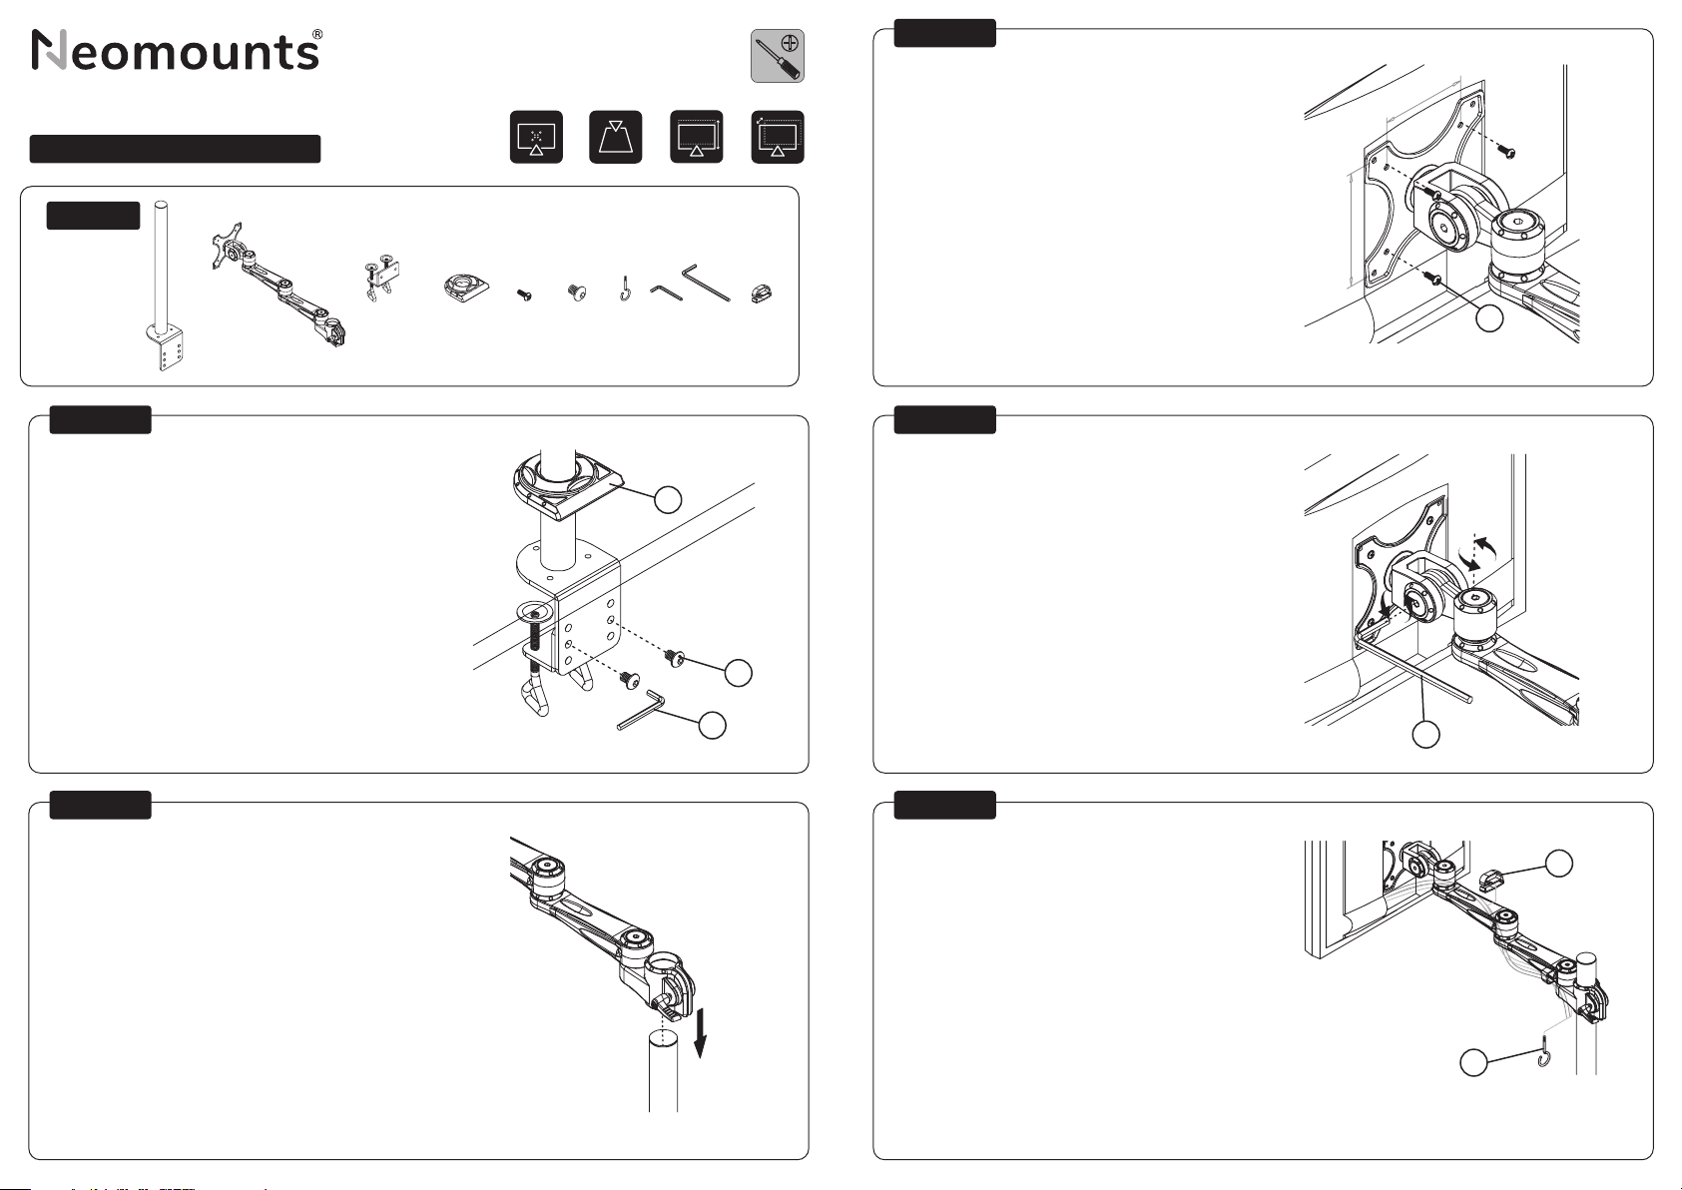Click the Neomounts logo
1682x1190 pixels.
178,50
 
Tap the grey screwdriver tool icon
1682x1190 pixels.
778,56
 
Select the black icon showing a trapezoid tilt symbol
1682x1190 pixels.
616,137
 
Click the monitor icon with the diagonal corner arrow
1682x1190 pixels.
778,137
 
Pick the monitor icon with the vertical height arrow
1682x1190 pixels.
696,137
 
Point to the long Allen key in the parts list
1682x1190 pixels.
705,282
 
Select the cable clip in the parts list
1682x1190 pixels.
762,293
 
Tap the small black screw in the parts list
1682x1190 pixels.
524,296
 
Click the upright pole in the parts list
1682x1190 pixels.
165,286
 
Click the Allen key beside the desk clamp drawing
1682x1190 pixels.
641,710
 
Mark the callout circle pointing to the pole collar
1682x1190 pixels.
668,499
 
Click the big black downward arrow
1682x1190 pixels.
700,1033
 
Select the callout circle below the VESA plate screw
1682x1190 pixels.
1489,317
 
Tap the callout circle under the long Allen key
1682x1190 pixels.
1425,734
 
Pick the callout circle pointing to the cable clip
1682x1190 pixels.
1559,864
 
